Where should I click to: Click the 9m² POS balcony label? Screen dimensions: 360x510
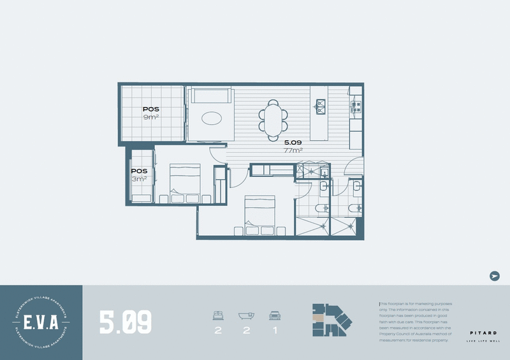click(x=151, y=113)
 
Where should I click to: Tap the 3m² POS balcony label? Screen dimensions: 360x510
click(x=139, y=175)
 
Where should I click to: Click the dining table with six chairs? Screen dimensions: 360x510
click(x=273, y=119)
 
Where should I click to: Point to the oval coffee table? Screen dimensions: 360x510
click(x=212, y=118)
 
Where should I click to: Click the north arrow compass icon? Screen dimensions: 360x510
click(x=493, y=276)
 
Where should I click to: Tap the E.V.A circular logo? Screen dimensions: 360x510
click(x=41, y=322)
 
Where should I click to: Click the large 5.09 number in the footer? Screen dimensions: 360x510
click(x=126, y=322)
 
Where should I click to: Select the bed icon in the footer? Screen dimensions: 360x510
click(x=217, y=315)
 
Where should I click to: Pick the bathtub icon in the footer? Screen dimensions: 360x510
click(x=246, y=315)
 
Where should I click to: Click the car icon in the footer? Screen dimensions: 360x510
click(x=275, y=315)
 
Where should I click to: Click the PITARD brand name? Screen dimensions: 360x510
click(x=479, y=333)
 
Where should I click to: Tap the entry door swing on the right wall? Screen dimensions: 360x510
click(x=353, y=167)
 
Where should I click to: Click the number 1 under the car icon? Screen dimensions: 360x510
click(x=275, y=331)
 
